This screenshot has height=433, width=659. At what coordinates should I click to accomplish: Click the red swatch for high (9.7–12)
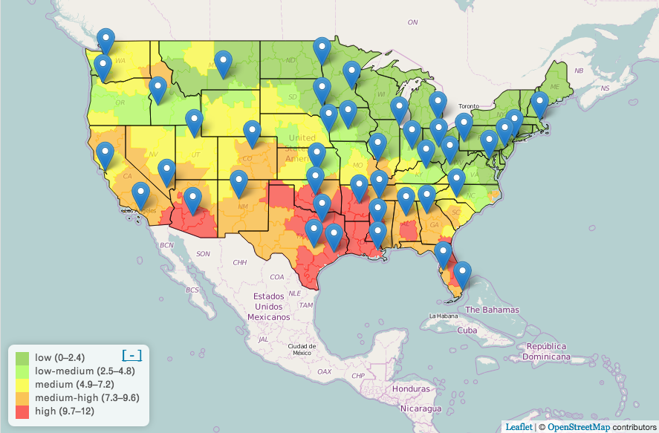pos(22,411)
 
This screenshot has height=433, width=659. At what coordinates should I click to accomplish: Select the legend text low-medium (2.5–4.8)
pos(75,371)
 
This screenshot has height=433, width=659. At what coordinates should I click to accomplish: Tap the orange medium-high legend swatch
pos(22,397)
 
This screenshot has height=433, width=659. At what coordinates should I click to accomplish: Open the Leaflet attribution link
pos(519,426)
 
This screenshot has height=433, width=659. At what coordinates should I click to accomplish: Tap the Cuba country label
pos(467,330)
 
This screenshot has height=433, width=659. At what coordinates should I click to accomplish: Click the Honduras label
pos(412,389)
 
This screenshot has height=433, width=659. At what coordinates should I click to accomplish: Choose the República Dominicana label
pos(546,351)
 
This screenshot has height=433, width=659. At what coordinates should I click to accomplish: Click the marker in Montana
pos(223,65)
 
